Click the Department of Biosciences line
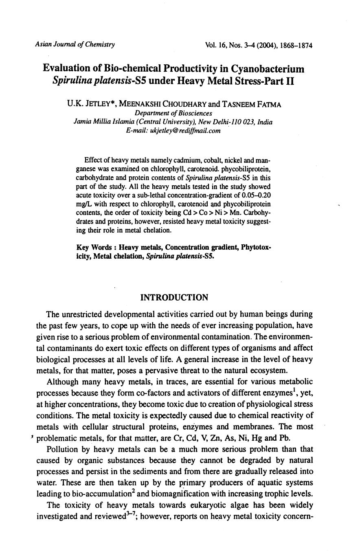pyautogui.click(x=173, y=113)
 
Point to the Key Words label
pyautogui.click(x=94, y=248)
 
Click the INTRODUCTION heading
pyautogui.click(x=174, y=298)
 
